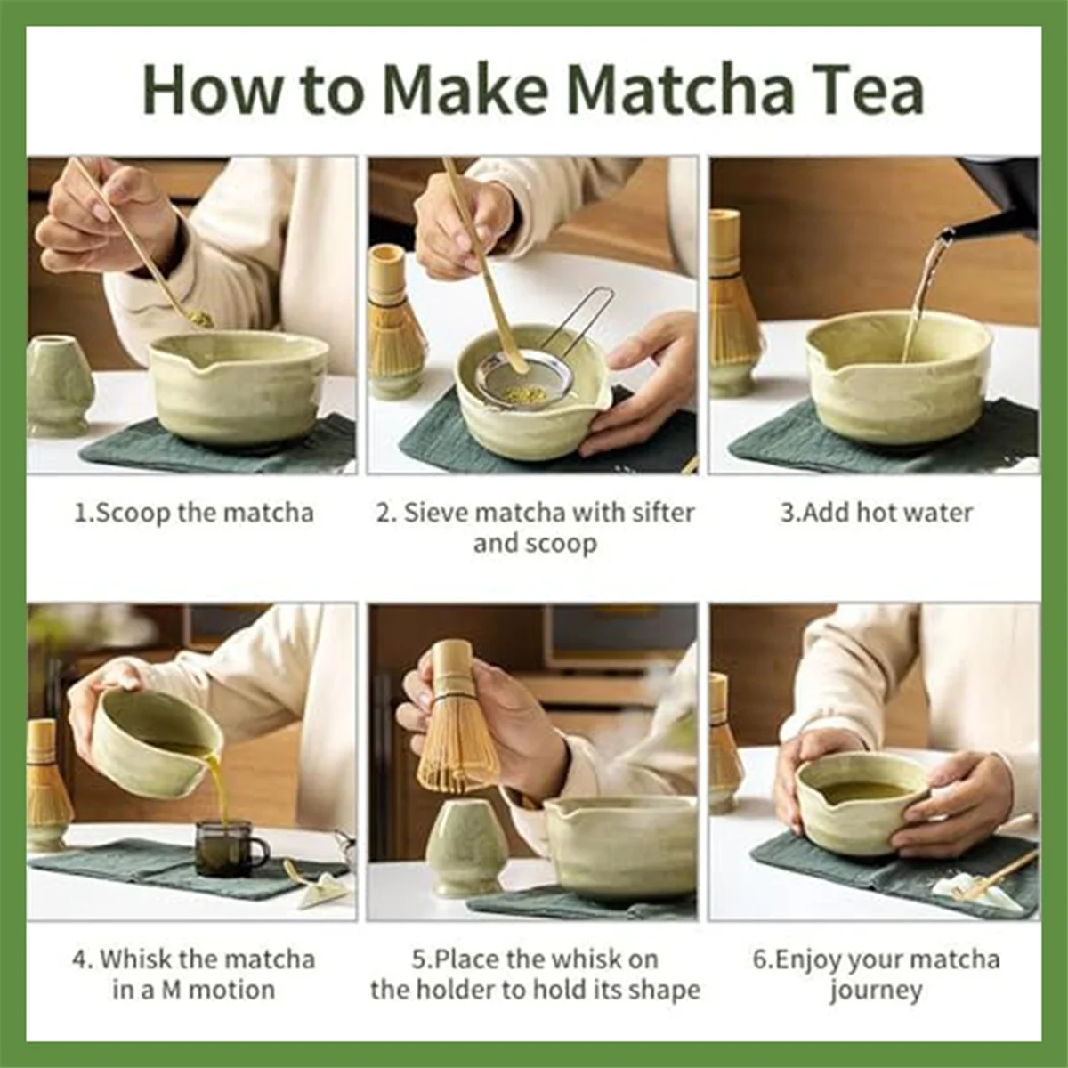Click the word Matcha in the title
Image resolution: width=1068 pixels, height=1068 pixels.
(679, 89)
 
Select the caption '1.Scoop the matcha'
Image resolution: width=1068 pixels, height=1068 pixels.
(193, 513)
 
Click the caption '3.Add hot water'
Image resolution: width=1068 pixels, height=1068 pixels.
(876, 513)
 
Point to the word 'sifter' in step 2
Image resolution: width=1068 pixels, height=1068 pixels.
(663, 513)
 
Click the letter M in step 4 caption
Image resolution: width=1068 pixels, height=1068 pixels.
(171, 990)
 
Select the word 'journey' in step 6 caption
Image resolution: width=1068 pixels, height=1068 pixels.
(876, 990)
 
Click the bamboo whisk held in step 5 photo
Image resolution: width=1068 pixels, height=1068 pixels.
(457, 730)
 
